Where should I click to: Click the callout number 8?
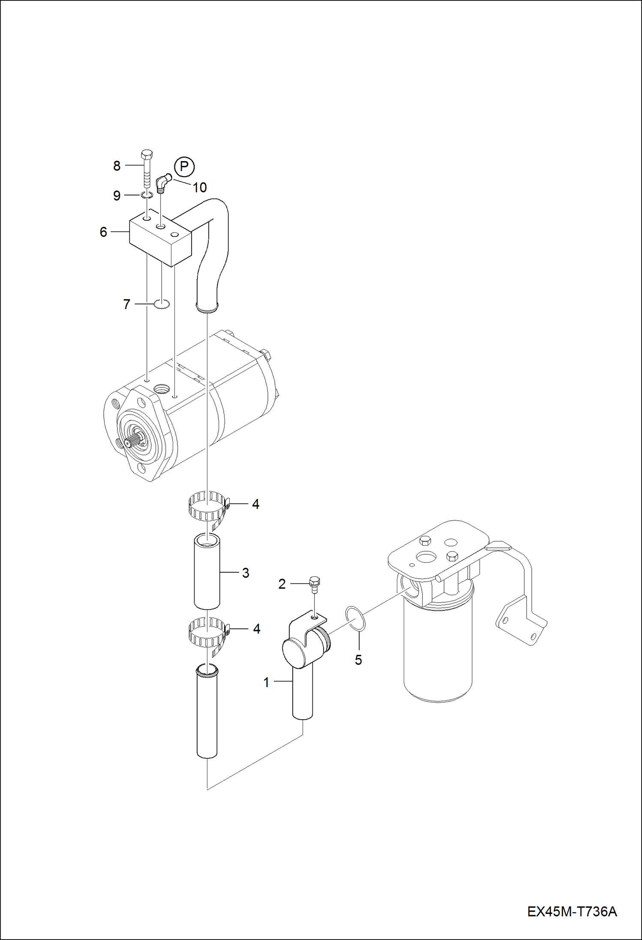tap(117, 166)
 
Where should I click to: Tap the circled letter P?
tap(184, 166)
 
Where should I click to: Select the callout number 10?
tap(200, 187)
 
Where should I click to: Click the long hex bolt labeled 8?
tap(147, 169)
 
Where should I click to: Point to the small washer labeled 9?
tap(147, 195)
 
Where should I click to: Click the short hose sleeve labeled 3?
tap(207, 571)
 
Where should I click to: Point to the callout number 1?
tap(266, 682)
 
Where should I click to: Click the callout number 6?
tap(103, 232)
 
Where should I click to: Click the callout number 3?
tap(246, 573)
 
